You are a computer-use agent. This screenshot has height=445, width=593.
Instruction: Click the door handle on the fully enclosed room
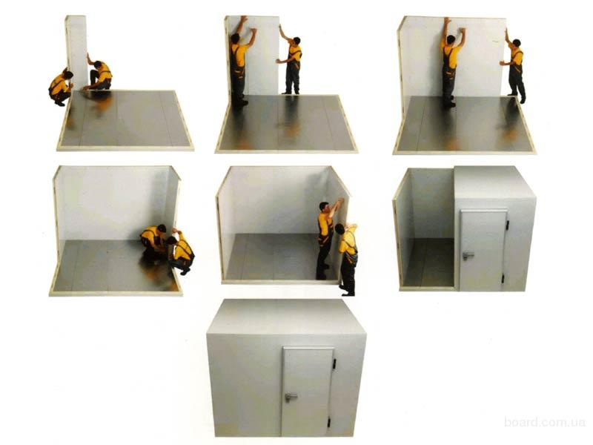(x=291, y=397)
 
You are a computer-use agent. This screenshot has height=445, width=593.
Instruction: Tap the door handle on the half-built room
(x=468, y=255)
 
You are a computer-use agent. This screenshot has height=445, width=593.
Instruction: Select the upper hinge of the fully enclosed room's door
(x=334, y=363)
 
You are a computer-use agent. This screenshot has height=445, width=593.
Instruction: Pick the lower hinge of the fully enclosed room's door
(x=328, y=421)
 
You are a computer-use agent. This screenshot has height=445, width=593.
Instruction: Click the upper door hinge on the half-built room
(x=507, y=225)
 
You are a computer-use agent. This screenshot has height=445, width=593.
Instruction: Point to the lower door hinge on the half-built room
(x=503, y=279)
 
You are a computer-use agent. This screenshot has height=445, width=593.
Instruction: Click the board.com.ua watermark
(x=544, y=422)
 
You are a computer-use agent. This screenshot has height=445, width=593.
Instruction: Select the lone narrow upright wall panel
(x=77, y=52)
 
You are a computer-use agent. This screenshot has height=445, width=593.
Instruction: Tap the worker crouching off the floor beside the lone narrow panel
(x=61, y=87)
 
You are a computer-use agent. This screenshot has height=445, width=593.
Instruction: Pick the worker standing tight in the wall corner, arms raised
(x=241, y=61)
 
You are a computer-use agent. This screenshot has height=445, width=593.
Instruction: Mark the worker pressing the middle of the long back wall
(x=451, y=62)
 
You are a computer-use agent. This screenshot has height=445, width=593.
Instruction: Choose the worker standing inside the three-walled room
(x=326, y=239)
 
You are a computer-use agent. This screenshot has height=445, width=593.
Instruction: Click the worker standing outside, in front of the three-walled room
(x=348, y=259)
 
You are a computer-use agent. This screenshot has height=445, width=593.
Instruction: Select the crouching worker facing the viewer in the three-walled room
(x=154, y=243)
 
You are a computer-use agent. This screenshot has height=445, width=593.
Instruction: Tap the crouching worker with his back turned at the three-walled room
(x=181, y=251)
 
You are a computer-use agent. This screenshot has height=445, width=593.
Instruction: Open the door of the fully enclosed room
(x=307, y=392)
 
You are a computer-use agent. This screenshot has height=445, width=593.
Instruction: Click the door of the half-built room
(x=483, y=250)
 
